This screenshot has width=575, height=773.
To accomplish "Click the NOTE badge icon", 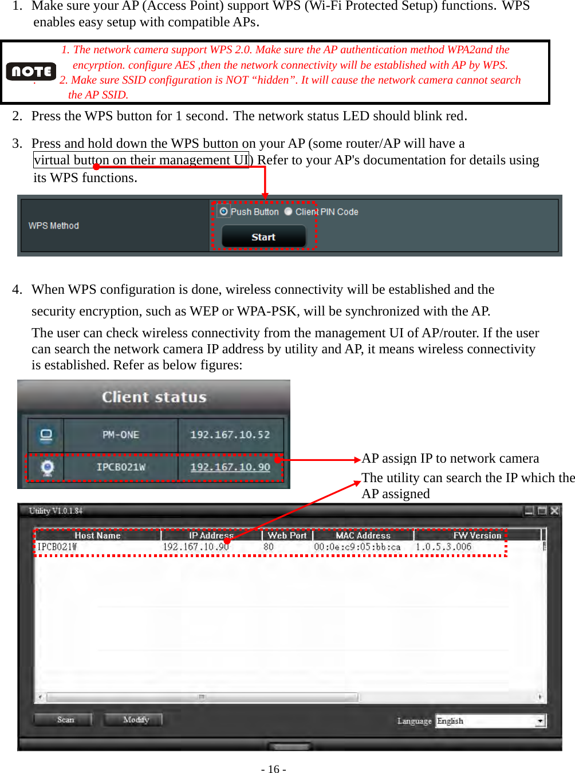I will [x=31, y=72].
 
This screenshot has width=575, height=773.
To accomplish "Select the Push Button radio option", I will [x=223, y=211].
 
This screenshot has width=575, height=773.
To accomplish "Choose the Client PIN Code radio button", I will [x=288, y=211].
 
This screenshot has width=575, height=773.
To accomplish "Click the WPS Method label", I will [x=54, y=226].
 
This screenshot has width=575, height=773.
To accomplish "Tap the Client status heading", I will [x=154, y=397].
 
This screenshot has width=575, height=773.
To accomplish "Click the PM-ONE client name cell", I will [x=121, y=435].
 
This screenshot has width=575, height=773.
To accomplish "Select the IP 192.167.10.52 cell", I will [x=230, y=435].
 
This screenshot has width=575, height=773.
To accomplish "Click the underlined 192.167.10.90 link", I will [x=230, y=467].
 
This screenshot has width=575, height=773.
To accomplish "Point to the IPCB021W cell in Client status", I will [x=121, y=467].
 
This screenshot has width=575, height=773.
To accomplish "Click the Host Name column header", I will [x=97, y=535].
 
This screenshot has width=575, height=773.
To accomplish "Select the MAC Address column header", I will [x=363, y=535].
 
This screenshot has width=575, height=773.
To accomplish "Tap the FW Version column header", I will [x=477, y=535].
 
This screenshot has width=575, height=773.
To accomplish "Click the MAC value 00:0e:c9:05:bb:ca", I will [x=357, y=547].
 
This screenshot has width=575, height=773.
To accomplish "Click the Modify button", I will [x=136, y=720].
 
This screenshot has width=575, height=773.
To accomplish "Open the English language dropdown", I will [x=539, y=721].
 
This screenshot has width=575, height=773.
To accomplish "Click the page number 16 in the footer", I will [x=274, y=769].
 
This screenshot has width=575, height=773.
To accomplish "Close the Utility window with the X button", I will [x=554, y=511].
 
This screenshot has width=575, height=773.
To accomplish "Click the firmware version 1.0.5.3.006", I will [x=444, y=547].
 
